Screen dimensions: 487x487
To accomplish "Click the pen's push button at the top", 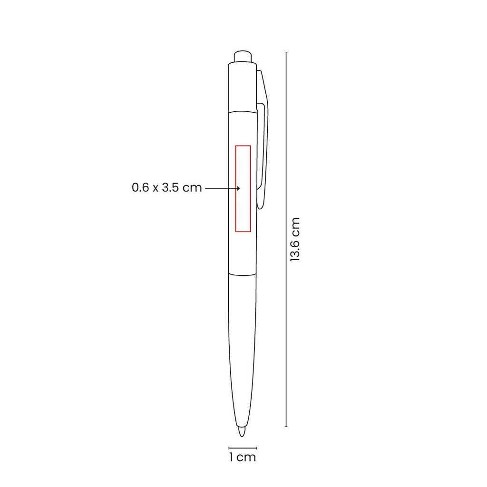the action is [243, 57].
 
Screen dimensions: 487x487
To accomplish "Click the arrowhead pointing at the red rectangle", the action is [238, 188].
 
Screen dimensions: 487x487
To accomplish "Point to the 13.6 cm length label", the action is [295, 239].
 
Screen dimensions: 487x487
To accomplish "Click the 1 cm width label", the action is [243, 457].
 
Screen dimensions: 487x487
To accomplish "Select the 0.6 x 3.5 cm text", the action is [167, 187].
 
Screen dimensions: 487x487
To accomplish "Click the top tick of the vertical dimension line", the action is [286, 52].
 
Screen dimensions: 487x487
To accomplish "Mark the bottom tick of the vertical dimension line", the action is [286, 427].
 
